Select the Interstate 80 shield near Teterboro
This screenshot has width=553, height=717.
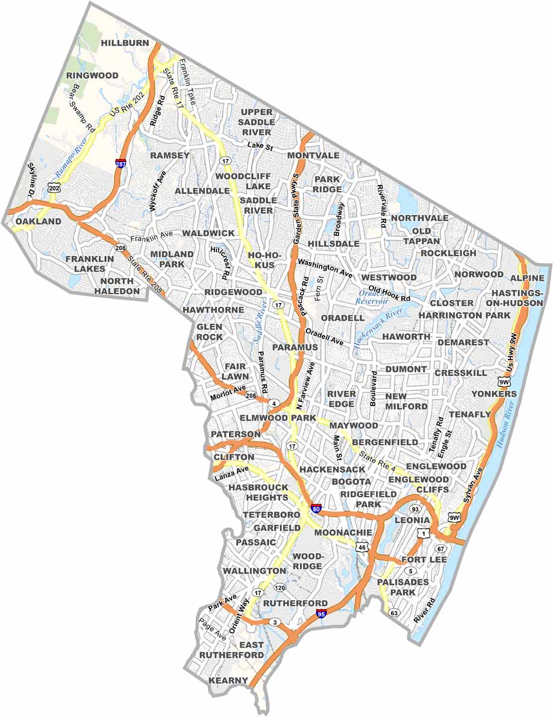tap(316, 509)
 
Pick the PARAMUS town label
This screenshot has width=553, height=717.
tap(295, 348)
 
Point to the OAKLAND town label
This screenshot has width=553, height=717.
tap(39, 222)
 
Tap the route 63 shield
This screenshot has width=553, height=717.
tap(394, 613)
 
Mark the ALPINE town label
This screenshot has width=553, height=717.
tap(527, 278)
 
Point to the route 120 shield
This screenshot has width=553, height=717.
tap(280, 587)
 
